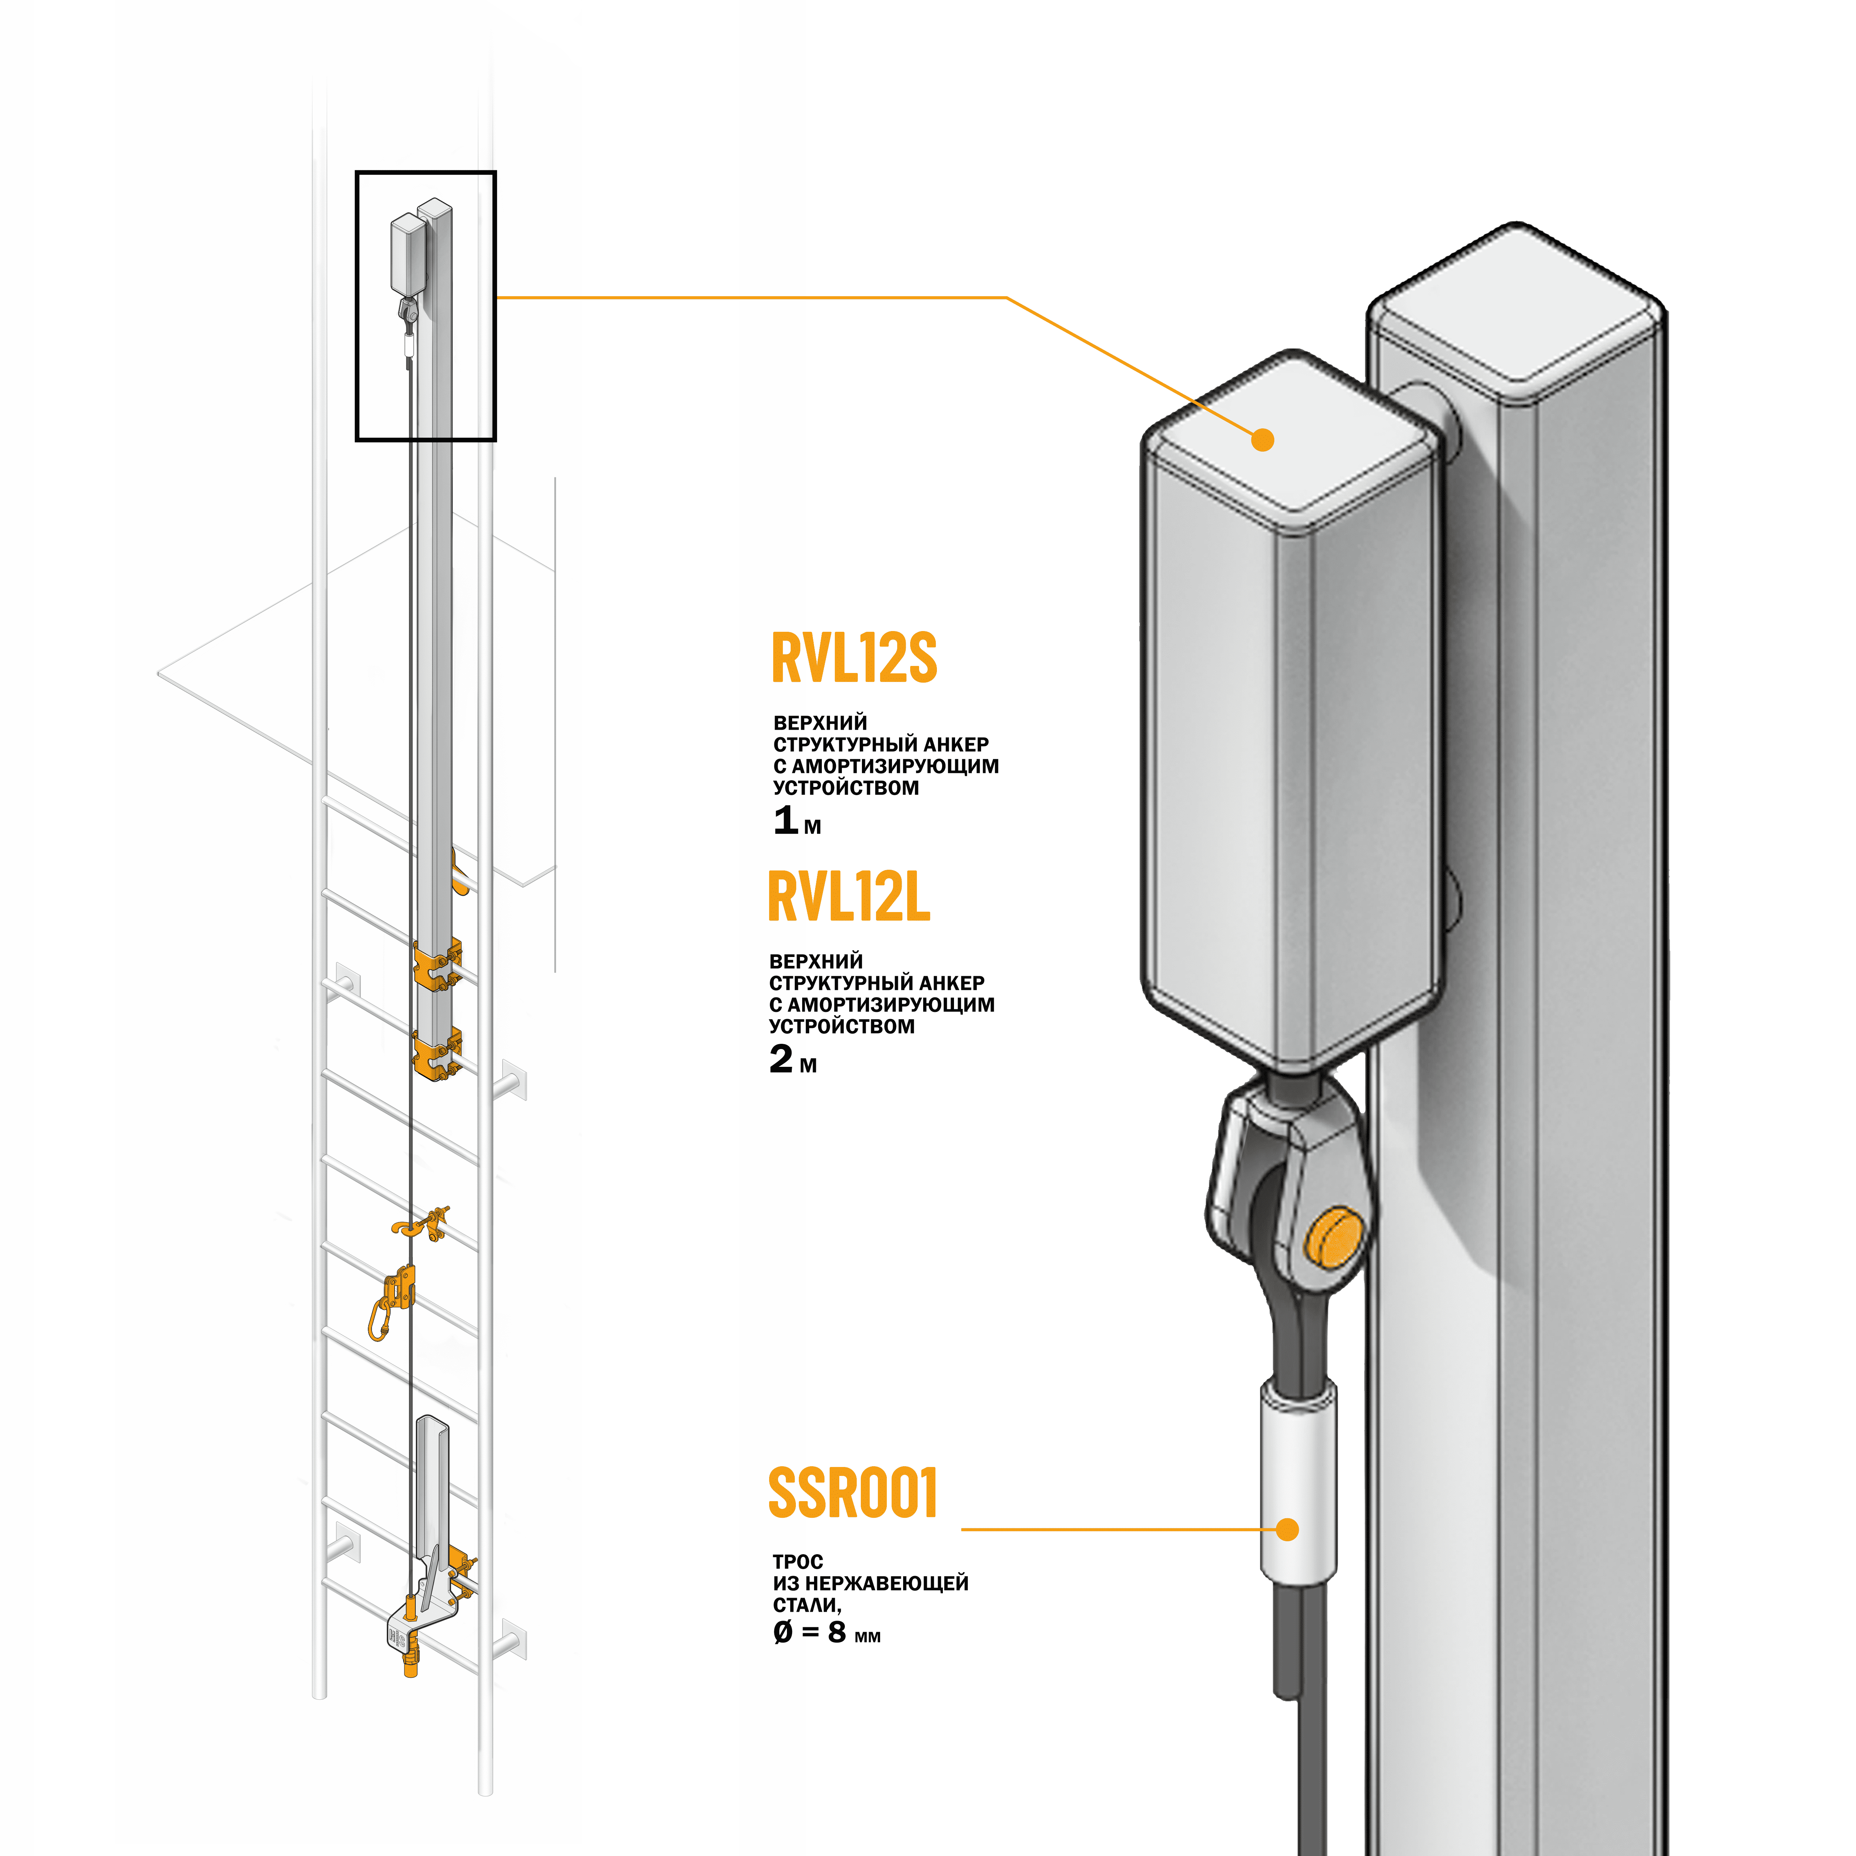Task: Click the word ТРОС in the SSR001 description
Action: [x=797, y=1562]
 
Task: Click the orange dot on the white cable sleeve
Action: [x=1287, y=1529]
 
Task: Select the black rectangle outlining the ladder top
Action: [x=357, y=307]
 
